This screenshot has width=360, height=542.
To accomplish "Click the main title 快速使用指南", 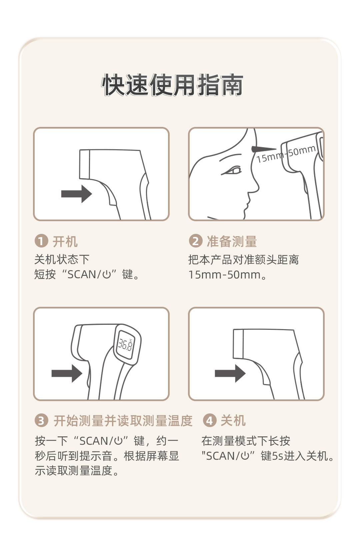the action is [x=172, y=85].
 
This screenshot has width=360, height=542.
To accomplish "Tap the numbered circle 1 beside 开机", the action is [x=41, y=241].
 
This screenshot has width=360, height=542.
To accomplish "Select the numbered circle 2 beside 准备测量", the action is [x=196, y=241].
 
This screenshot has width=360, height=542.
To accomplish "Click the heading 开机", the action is [x=65, y=241].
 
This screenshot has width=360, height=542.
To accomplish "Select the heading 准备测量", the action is [x=232, y=241].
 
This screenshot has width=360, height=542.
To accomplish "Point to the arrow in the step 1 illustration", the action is [x=77, y=194].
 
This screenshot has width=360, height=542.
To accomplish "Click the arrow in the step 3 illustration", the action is [x=67, y=373].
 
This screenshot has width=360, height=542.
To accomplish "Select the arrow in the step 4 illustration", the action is [x=230, y=373].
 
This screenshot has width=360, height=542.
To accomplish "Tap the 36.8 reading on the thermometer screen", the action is [x=125, y=344].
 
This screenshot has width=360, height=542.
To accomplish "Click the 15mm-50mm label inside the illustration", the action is [x=286, y=154].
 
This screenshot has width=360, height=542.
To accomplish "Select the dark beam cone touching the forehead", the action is [x=264, y=149].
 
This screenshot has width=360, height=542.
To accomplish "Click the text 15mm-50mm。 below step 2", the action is [x=228, y=274].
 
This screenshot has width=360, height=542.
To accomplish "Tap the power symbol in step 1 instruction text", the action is [x=107, y=274].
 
